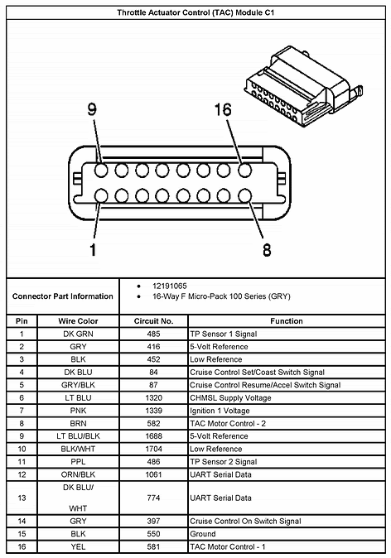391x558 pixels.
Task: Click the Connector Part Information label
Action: click(x=63, y=296)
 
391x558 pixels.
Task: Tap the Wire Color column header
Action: click(x=78, y=320)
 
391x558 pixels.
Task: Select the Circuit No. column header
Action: click(x=153, y=320)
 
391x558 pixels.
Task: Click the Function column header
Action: click(x=286, y=320)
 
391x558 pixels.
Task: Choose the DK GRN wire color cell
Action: click(x=78, y=333)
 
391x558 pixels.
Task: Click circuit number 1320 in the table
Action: click(x=153, y=397)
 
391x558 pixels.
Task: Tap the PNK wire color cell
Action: click(x=78, y=410)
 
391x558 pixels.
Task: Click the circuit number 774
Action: click(x=153, y=498)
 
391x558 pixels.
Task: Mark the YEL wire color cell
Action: click(x=78, y=547)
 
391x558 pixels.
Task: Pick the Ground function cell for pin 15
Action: click(x=203, y=535)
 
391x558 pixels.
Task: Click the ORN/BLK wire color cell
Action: click(x=78, y=474)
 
